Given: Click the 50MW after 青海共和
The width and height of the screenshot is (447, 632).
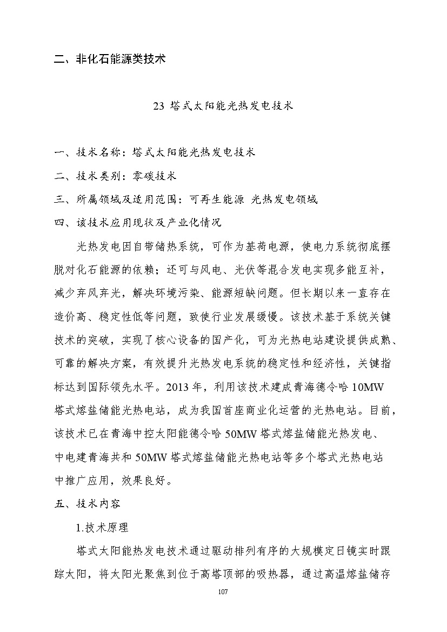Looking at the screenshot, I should pyautogui.click(x=151, y=457).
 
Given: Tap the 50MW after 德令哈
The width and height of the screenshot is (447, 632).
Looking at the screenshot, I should pyautogui.click(x=242, y=434).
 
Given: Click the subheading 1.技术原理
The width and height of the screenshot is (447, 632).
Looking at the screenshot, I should pyautogui.click(x=103, y=527).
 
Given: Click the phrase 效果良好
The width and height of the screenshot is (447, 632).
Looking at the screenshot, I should pyautogui.click(x=149, y=480).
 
